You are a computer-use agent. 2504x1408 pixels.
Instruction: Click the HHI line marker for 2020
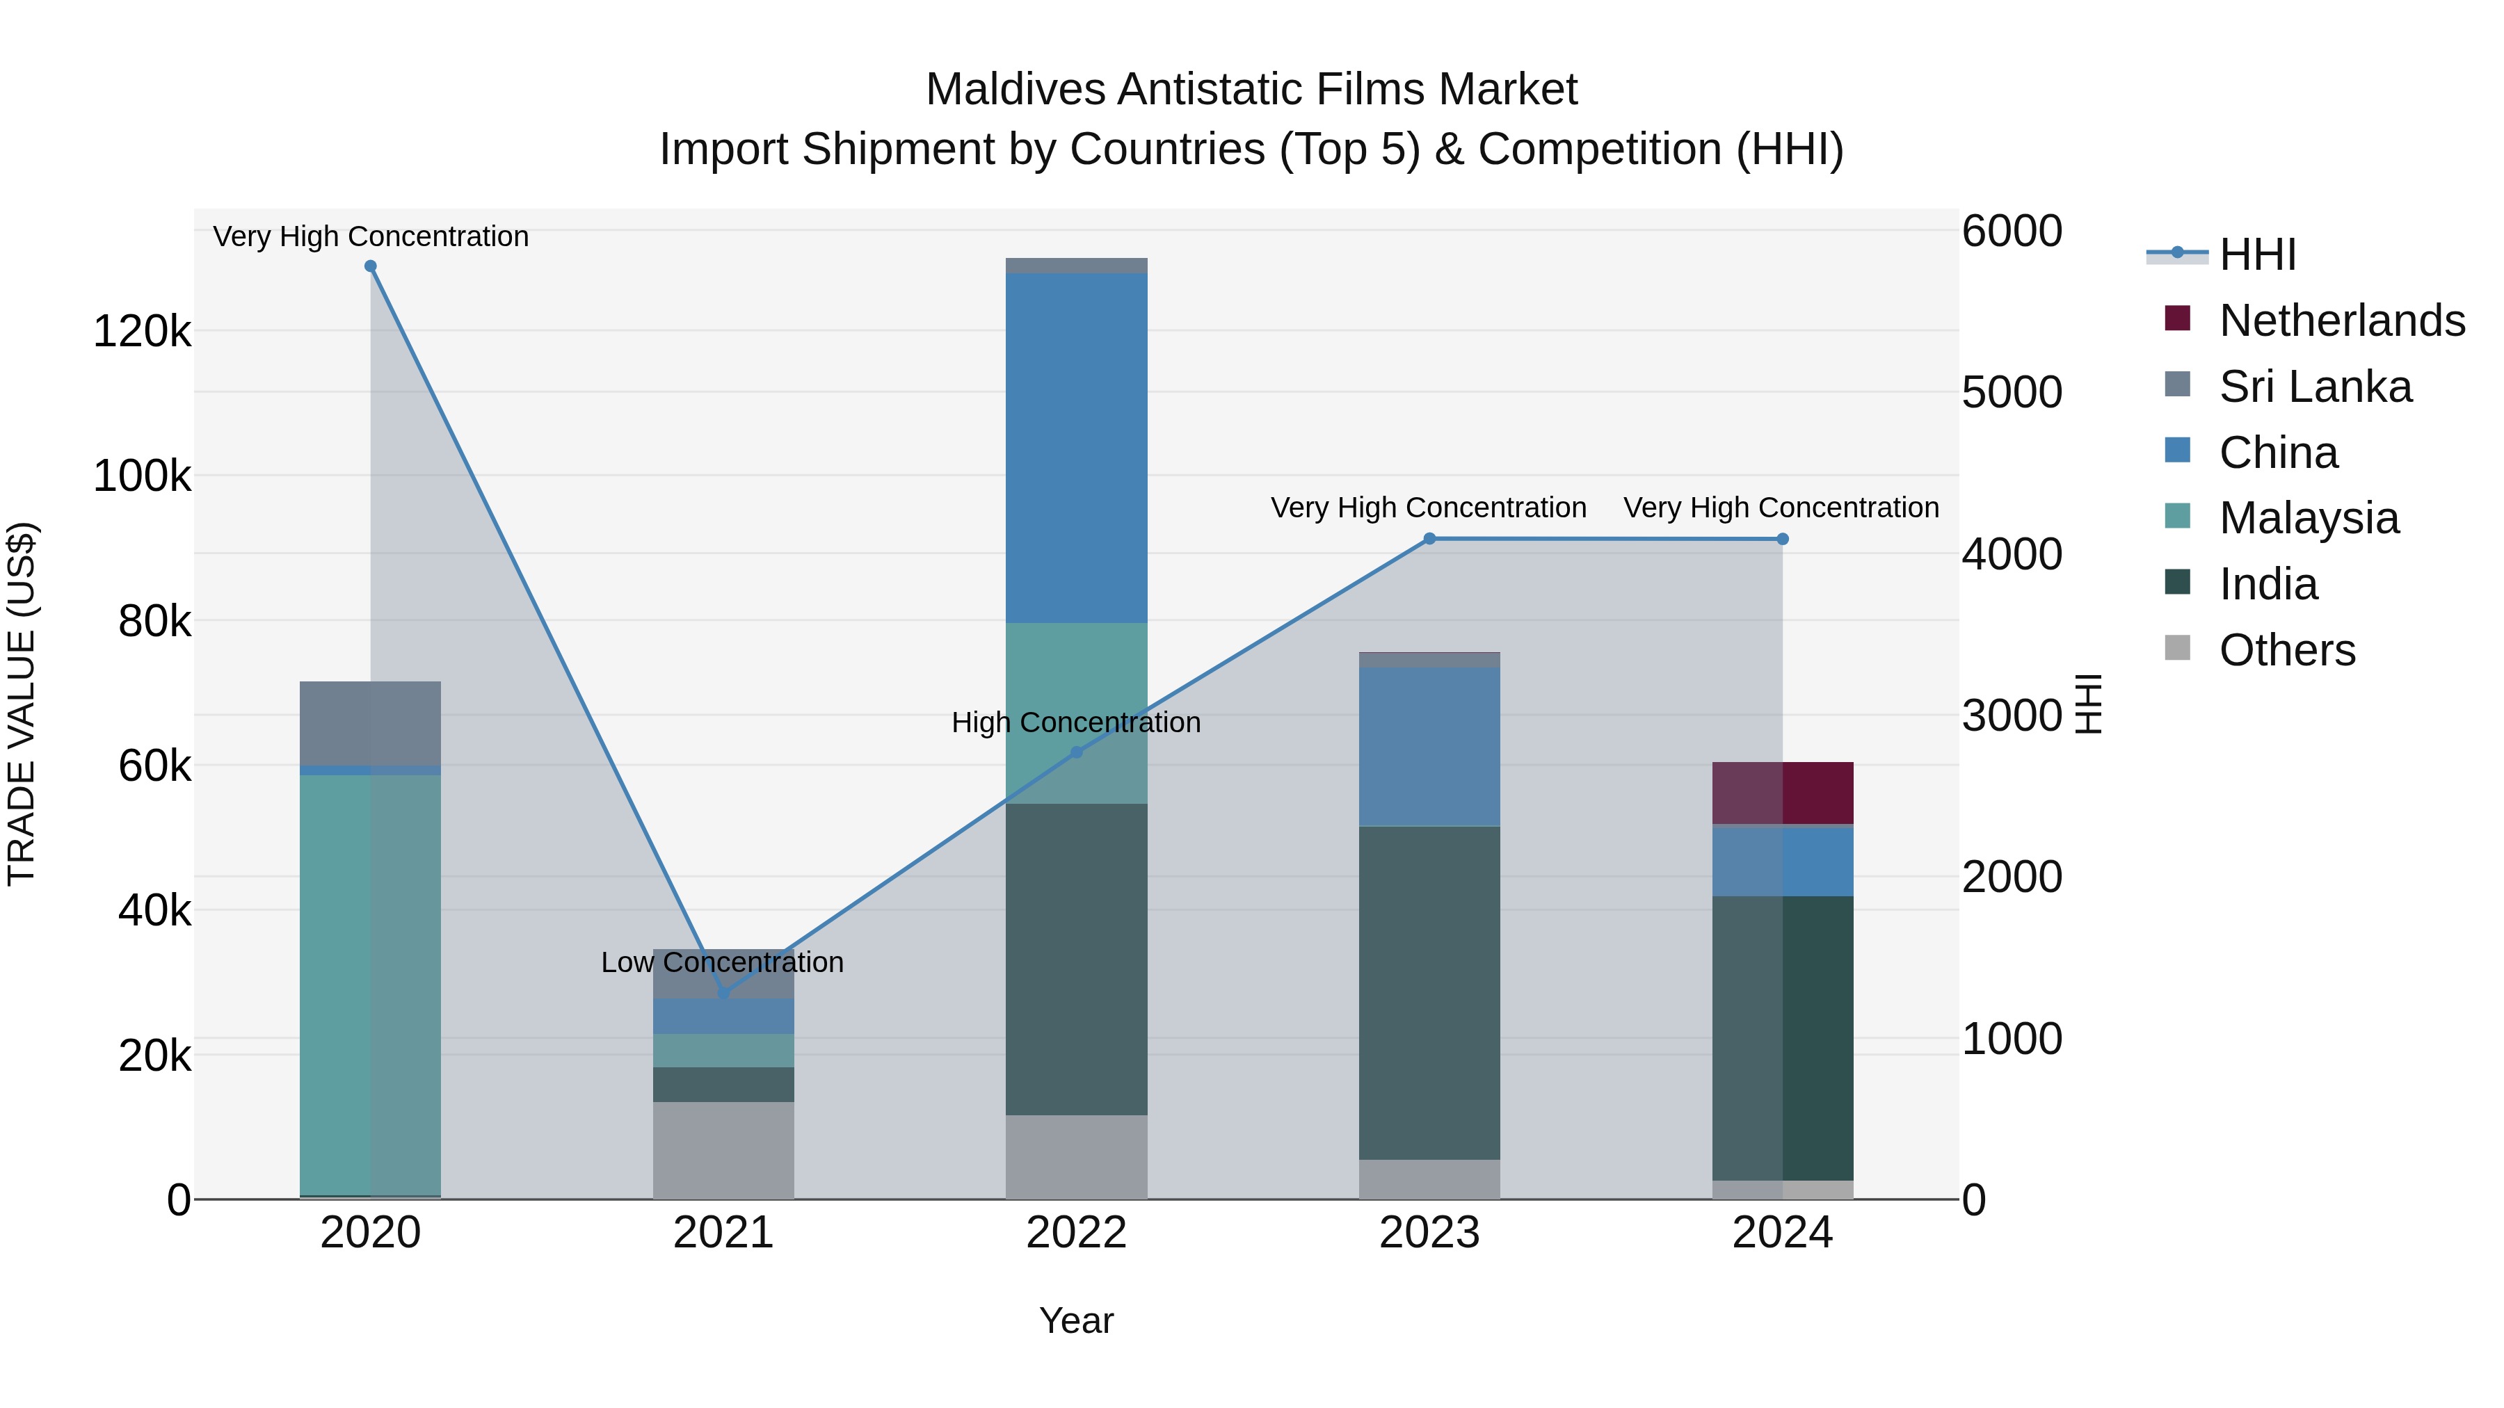point(370,266)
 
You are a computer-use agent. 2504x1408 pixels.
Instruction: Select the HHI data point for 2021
point(723,993)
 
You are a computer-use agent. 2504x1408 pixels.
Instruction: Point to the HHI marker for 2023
point(1429,538)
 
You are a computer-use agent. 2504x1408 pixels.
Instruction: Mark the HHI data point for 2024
point(1782,538)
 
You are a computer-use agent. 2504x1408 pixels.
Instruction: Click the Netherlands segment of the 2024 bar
point(1783,793)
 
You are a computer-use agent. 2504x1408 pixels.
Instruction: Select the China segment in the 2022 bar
point(1076,447)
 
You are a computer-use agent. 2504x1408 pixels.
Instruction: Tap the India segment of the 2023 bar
point(1429,991)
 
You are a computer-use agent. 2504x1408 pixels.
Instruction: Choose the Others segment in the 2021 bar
point(723,1149)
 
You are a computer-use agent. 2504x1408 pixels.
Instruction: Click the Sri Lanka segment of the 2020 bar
point(370,723)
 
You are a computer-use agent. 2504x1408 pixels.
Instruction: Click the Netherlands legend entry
point(2342,321)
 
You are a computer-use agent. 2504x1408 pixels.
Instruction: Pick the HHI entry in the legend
point(2257,254)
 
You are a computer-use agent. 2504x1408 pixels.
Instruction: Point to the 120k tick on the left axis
point(142,332)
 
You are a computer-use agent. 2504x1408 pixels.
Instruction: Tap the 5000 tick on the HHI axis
point(2011,393)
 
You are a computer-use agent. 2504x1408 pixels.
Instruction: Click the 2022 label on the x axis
point(1076,1233)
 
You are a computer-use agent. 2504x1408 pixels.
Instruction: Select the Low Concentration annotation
point(722,962)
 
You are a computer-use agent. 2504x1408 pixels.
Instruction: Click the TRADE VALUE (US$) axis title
point(22,704)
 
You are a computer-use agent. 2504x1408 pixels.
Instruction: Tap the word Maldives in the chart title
point(1015,90)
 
